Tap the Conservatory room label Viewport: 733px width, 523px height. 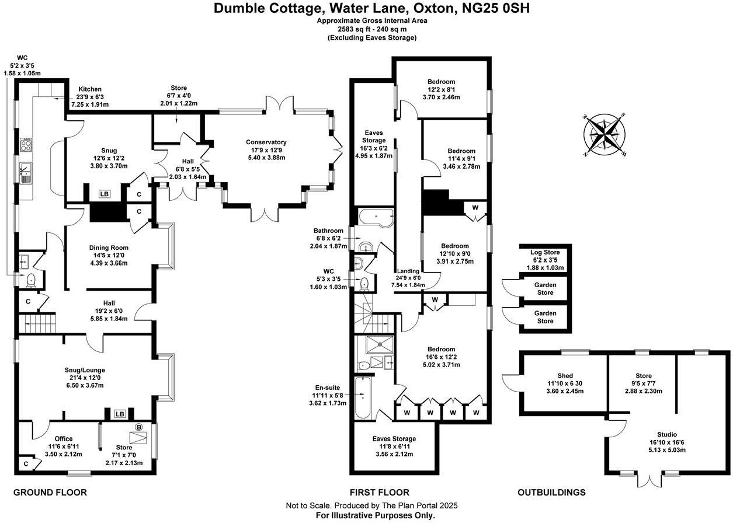(x=266, y=142)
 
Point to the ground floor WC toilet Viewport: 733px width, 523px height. (x=30, y=280)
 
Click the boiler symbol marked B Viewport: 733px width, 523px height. (x=139, y=427)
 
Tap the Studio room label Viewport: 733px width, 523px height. (x=666, y=434)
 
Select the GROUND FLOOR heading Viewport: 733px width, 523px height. (x=50, y=493)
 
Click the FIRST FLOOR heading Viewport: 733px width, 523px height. (x=380, y=493)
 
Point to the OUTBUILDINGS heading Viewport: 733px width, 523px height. (x=551, y=493)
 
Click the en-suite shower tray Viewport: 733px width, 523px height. (x=380, y=345)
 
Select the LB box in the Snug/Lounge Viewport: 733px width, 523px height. (x=120, y=414)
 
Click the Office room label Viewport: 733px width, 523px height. (x=64, y=438)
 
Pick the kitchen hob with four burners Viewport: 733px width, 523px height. (x=26, y=145)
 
